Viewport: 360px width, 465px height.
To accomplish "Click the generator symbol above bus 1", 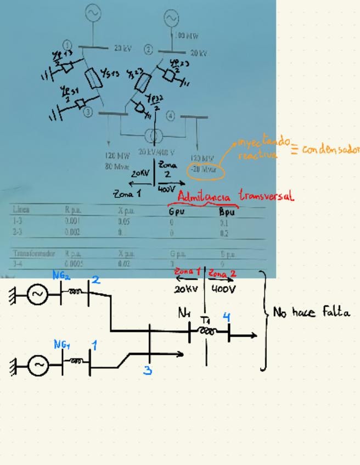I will tap(92, 13).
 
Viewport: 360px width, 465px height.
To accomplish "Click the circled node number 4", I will tap(171, 116).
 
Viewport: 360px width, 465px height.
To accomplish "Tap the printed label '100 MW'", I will tap(187, 36).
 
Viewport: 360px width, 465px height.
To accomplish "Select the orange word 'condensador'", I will tap(330, 149).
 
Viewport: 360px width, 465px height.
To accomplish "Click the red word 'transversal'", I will tap(266, 196).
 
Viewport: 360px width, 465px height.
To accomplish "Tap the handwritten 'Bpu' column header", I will tap(227, 211).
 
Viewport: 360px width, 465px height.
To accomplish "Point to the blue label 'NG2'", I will tap(61, 276).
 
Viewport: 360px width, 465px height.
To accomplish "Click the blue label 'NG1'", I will tap(61, 344).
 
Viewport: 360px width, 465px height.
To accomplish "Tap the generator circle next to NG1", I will tap(38, 364).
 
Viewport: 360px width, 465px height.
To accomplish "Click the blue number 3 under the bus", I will tap(148, 370).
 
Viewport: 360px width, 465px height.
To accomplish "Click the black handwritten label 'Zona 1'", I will tap(127, 194).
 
